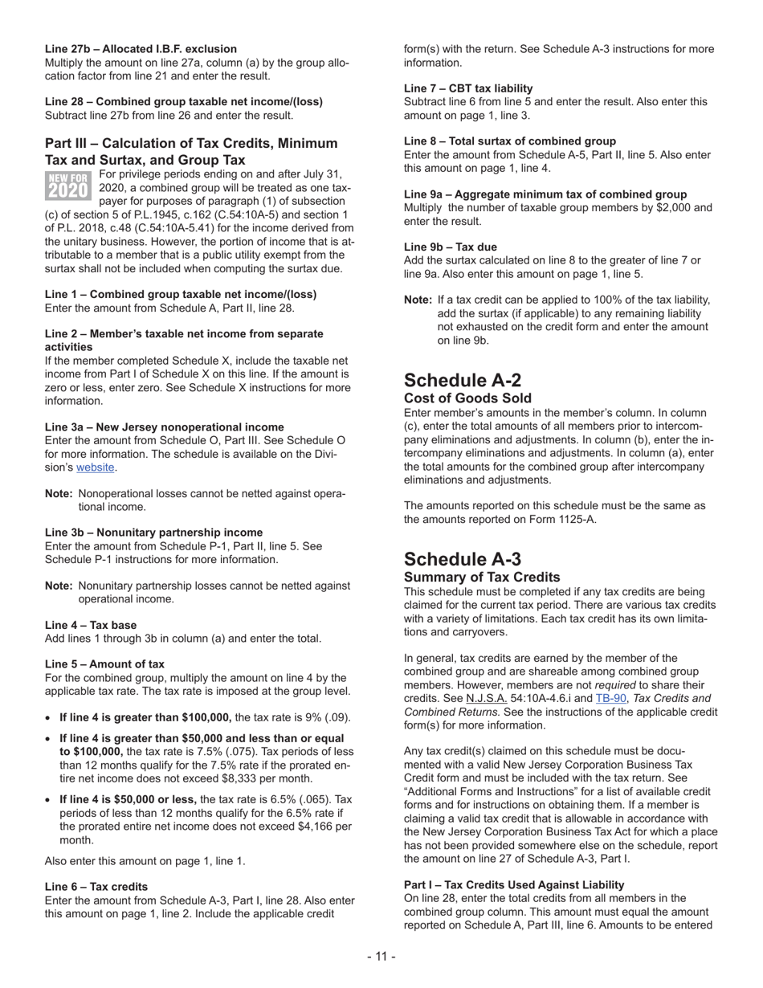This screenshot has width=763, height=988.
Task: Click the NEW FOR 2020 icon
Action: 67,185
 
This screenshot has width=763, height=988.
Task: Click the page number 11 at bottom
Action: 381,956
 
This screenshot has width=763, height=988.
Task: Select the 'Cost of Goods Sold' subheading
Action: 467,398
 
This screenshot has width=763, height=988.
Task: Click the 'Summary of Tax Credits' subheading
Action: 482,578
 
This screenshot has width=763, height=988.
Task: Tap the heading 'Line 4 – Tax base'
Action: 91,625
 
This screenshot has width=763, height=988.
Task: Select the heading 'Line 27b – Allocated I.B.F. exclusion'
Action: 141,48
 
